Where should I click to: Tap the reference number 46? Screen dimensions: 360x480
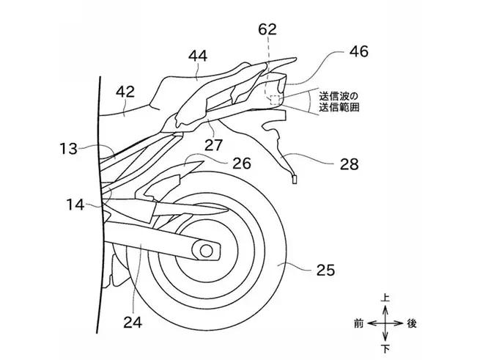coord(358,51)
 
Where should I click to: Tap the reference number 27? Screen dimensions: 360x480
coord(213,144)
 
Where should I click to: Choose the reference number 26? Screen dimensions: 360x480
coord(248,162)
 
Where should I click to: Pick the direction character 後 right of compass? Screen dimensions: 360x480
coord(412,323)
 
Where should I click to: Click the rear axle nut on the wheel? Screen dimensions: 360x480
coord(207,251)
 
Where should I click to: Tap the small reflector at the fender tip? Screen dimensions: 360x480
coord(295,177)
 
